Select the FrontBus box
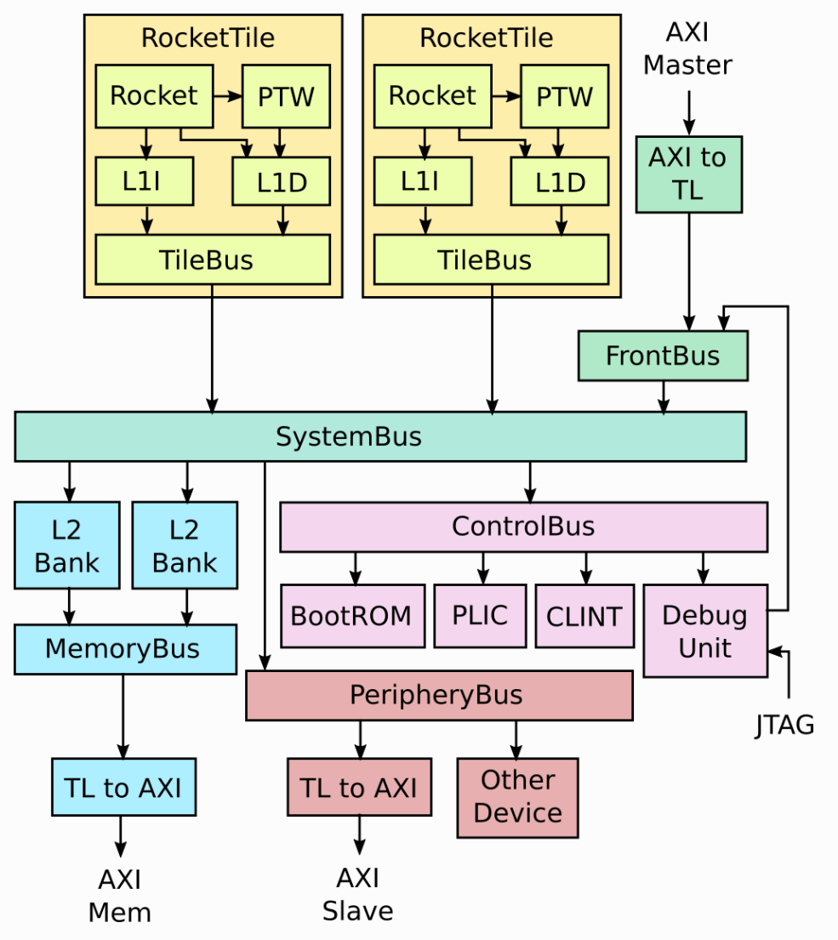coord(663,356)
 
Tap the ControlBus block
coord(523,527)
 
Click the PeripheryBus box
coord(439,695)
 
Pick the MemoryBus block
coord(125,649)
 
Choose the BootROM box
coord(352,616)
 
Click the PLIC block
coord(480,616)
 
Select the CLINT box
coord(584,616)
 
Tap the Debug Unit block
coord(705,630)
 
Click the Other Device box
coord(517,797)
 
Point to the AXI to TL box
coord(688,174)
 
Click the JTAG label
coord(784,725)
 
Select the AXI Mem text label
coord(120,896)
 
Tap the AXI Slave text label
coord(358,895)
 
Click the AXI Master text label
coord(687,48)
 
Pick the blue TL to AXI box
coord(123,789)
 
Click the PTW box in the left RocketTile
coord(286,96)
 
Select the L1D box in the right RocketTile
coord(560,181)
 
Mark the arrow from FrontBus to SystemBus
coord(664,396)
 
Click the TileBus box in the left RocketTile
coord(212,259)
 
